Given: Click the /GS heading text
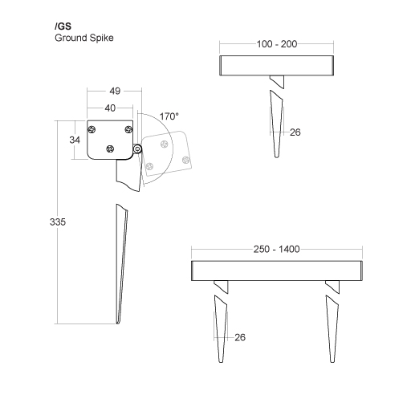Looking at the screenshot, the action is (x=63, y=26).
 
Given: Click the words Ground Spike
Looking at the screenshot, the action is (x=84, y=38).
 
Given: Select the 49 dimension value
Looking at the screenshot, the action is (x=115, y=91).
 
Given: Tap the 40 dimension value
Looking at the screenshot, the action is (x=110, y=108).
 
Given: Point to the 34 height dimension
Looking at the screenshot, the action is (x=75, y=140).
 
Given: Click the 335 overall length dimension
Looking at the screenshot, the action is (x=58, y=222).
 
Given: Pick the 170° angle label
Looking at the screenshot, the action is (x=169, y=116).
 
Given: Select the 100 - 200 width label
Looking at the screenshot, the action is (x=277, y=44).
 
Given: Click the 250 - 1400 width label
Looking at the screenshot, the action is (x=277, y=249).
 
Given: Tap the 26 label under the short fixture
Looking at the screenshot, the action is (x=295, y=132).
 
